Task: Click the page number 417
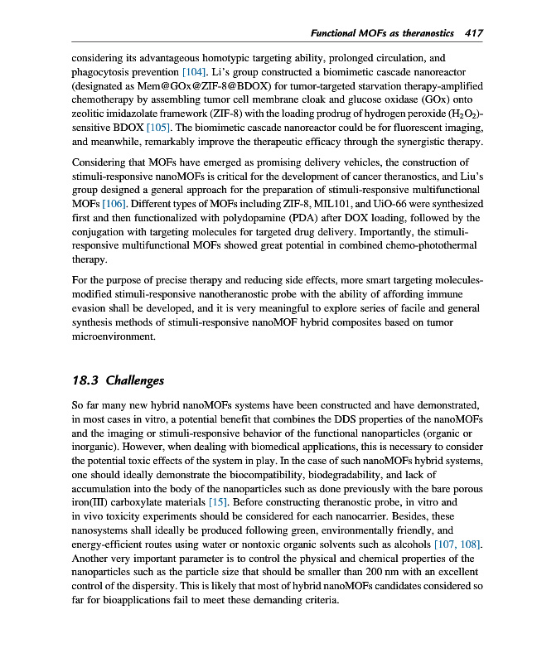474,33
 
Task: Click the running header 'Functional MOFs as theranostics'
381,33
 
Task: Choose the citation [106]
89,203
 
